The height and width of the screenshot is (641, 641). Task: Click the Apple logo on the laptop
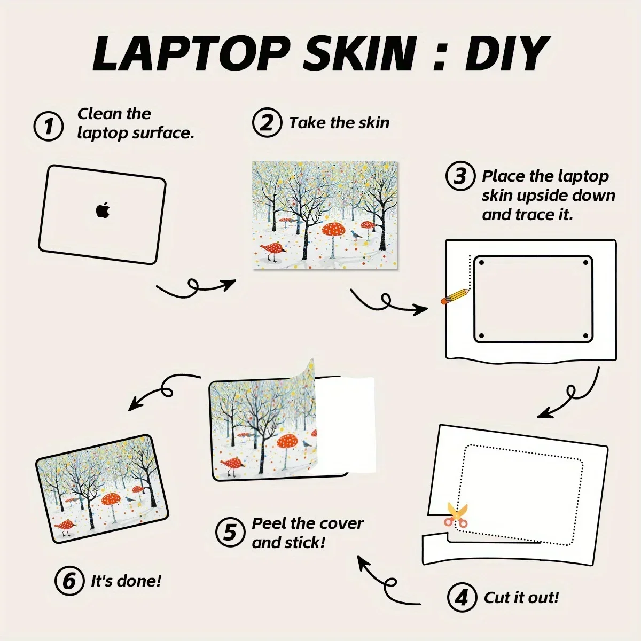[103, 210]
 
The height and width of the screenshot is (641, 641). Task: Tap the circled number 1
[49, 126]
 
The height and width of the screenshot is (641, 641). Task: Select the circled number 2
[267, 122]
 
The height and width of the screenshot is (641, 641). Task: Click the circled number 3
[460, 176]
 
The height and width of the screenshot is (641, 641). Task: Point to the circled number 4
[462, 597]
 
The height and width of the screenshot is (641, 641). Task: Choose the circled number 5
[230, 532]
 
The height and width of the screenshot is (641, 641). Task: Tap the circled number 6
[69, 581]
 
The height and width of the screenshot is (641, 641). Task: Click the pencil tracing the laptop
[455, 296]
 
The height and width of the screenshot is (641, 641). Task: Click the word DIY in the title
[506, 53]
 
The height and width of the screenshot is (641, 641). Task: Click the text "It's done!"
[126, 581]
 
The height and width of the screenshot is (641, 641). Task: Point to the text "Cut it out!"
[521, 597]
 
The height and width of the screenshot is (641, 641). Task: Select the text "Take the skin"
[339, 122]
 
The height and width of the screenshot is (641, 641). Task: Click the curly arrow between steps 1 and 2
[196, 287]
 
